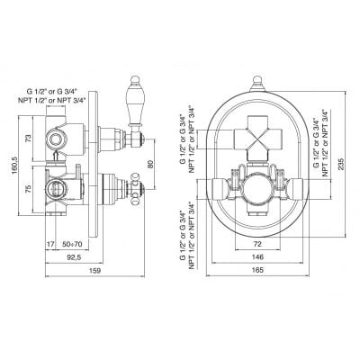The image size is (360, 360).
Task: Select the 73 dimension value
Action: click(x=28, y=139)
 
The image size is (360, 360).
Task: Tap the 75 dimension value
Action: click(x=28, y=189)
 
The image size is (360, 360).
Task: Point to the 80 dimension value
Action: click(x=150, y=164)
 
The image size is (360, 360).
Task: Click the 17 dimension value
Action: click(x=50, y=244)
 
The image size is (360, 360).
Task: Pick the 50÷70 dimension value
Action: click(x=72, y=244)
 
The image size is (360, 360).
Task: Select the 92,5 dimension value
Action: click(x=73, y=257)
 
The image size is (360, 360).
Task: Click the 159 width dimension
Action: click(x=94, y=271)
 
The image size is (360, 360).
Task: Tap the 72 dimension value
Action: click(x=257, y=244)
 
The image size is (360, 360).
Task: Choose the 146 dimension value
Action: click(x=257, y=257)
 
